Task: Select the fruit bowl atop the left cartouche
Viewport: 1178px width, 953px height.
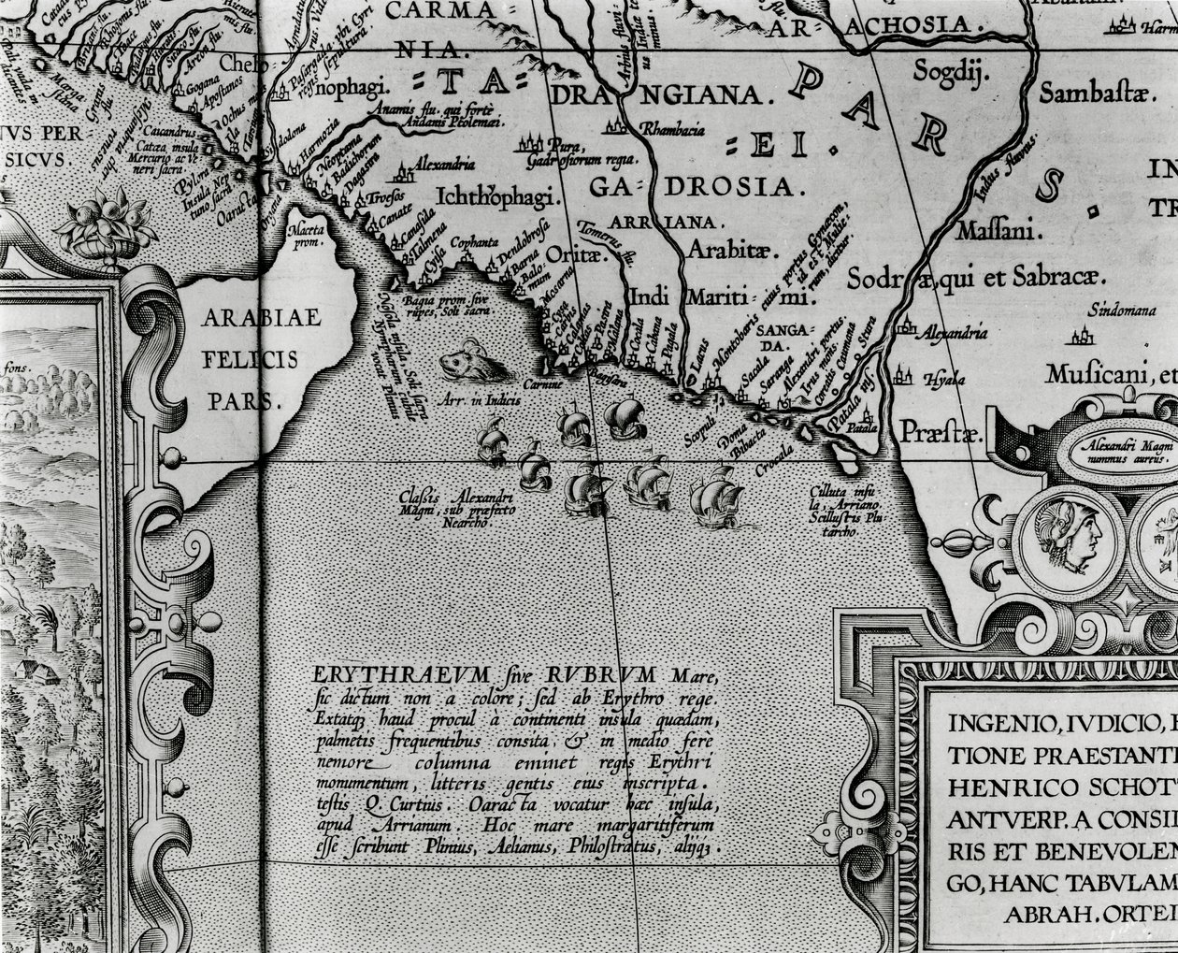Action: coord(106,224)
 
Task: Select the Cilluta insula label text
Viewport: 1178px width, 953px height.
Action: coord(845,510)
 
